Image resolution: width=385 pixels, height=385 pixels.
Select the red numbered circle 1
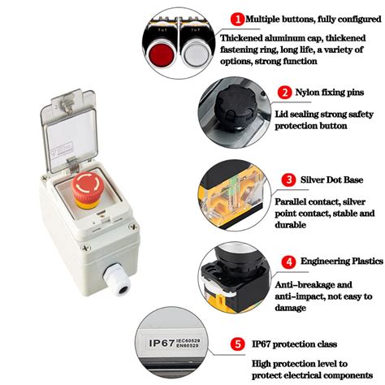coord(237,18)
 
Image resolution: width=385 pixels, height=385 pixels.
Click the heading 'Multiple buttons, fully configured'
coord(309,18)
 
